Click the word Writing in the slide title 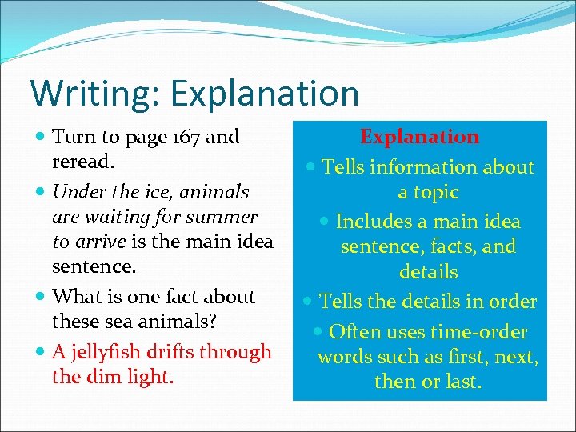pos(86,94)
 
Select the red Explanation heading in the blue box pos(420,137)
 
